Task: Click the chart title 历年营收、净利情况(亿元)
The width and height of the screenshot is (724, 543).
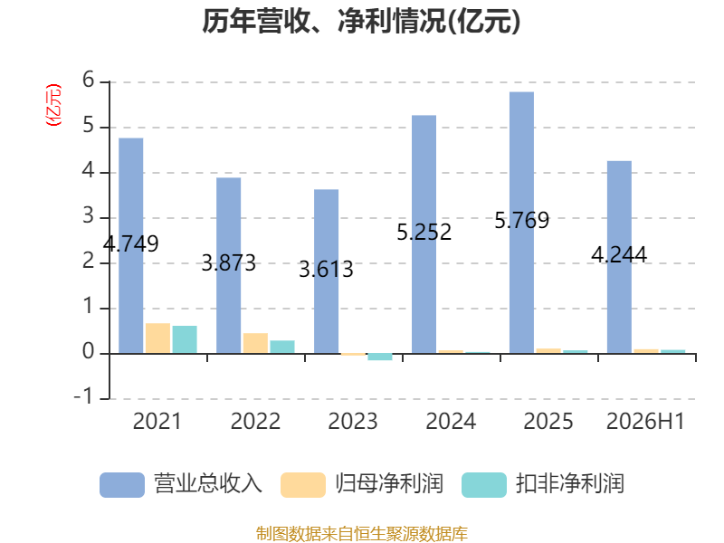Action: (x=361, y=22)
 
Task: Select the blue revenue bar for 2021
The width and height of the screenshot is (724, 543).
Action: (x=131, y=245)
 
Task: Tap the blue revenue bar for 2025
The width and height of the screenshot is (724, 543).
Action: (x=522, y=223)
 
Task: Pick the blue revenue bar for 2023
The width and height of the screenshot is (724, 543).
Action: (x=326, y=271)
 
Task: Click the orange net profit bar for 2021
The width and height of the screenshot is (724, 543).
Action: (x=157, y=338)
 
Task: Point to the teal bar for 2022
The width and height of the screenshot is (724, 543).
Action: (x=282, y=347)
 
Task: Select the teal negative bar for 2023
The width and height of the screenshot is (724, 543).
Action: (x=380, y=357)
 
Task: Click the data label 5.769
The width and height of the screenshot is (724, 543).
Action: (x=522, y=220)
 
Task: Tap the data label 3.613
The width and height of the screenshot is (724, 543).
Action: (x=326, y=269)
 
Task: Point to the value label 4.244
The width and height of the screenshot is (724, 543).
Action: (x=619, y=255)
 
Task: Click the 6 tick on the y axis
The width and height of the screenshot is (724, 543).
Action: (x=88, y=81)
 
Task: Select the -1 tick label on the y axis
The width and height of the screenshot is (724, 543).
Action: (x=84, y=397)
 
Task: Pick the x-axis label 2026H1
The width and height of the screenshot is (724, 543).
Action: (x=645, y=421)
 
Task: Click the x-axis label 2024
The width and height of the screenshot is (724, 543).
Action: (x=451, y=421)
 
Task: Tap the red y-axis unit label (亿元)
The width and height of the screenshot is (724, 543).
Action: (x=53, y=105)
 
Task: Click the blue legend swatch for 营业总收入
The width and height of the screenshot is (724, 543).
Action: (x=122, y=485)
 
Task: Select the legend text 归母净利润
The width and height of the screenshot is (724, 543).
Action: (x=389, y=484)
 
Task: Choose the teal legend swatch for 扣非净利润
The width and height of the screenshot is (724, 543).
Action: (x=484, y=485)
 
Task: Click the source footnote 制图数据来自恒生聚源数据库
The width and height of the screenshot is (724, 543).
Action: (x=361, y=534)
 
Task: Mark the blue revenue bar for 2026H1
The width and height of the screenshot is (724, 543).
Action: (x=619, y=257)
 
